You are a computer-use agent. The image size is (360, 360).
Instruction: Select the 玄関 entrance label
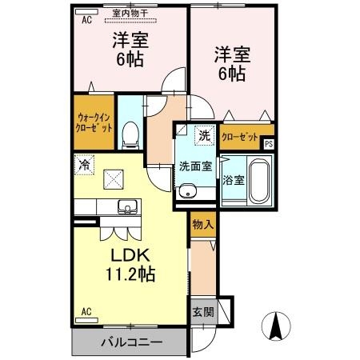202,312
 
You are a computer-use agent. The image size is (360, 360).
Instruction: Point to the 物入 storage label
202,226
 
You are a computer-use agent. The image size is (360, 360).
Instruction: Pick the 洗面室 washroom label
194,167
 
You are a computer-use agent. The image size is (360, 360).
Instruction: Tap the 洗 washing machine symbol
205,136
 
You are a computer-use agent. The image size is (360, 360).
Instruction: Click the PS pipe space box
269,144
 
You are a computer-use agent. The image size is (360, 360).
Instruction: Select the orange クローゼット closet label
239,137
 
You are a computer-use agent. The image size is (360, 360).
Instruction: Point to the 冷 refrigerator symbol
84,164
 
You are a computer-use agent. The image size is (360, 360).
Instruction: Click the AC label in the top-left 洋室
86,21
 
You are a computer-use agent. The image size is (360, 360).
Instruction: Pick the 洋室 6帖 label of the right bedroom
230,65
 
